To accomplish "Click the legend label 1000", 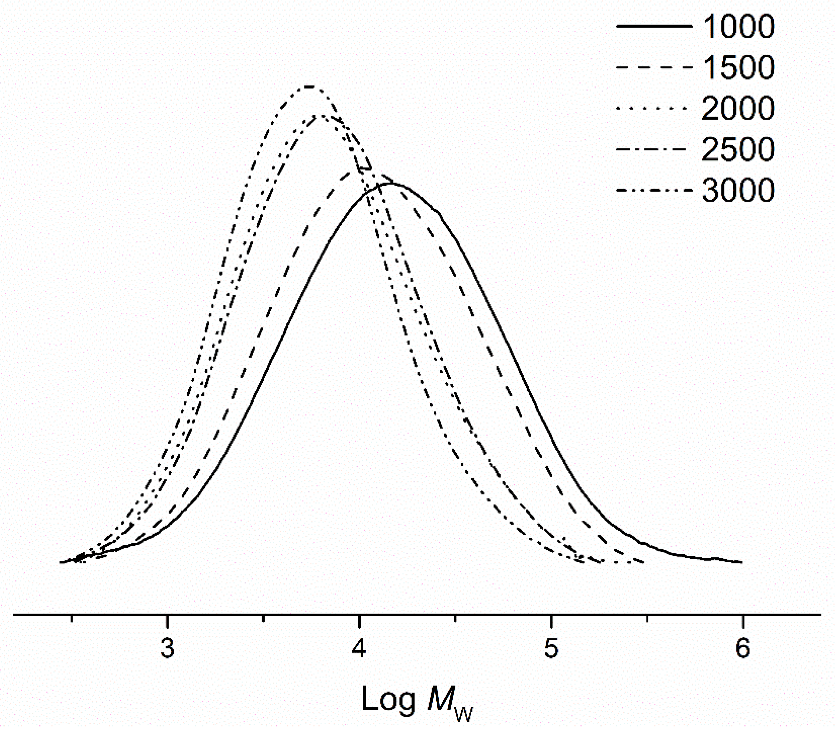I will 738,26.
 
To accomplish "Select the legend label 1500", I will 738,67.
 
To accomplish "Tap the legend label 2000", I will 738,108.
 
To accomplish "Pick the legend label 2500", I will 738,149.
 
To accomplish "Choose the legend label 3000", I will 738,191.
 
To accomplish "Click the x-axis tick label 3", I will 167,648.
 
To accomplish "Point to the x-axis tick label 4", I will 359,648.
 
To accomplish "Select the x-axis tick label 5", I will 551,648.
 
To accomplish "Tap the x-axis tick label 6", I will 743,648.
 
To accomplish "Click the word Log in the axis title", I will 388,699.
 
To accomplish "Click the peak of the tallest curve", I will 310,87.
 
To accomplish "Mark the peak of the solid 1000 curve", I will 391,184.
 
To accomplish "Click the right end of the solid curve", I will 742,562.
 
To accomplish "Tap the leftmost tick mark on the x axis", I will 72,618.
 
